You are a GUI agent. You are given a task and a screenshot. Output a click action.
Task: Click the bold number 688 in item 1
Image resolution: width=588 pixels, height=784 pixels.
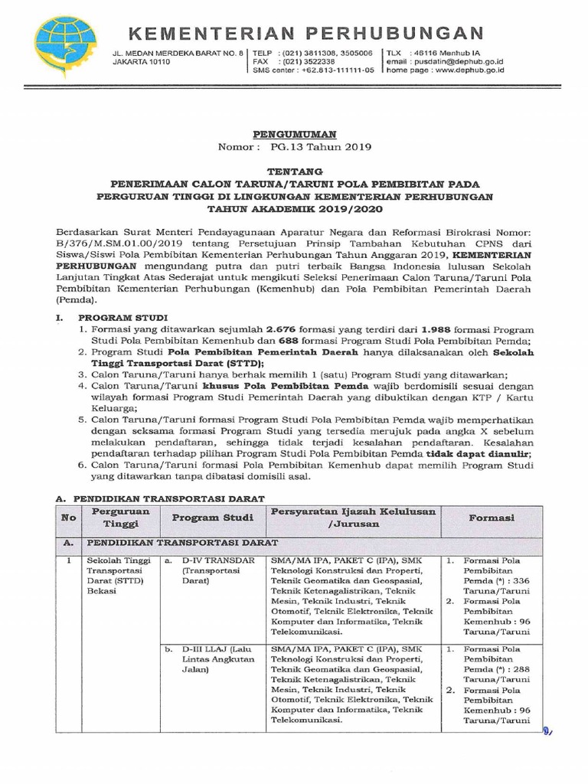[x=309, y=340]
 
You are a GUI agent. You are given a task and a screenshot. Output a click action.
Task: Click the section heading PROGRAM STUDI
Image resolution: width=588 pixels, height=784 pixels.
[x=117, y=315]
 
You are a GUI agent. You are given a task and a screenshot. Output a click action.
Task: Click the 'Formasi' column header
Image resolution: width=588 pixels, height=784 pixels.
[x=492, y=518]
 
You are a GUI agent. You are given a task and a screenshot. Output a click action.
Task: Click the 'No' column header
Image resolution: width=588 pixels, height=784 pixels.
[x=69, y=518]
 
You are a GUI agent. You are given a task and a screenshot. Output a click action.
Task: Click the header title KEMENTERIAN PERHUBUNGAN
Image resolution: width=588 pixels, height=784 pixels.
[x=304, y=32]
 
